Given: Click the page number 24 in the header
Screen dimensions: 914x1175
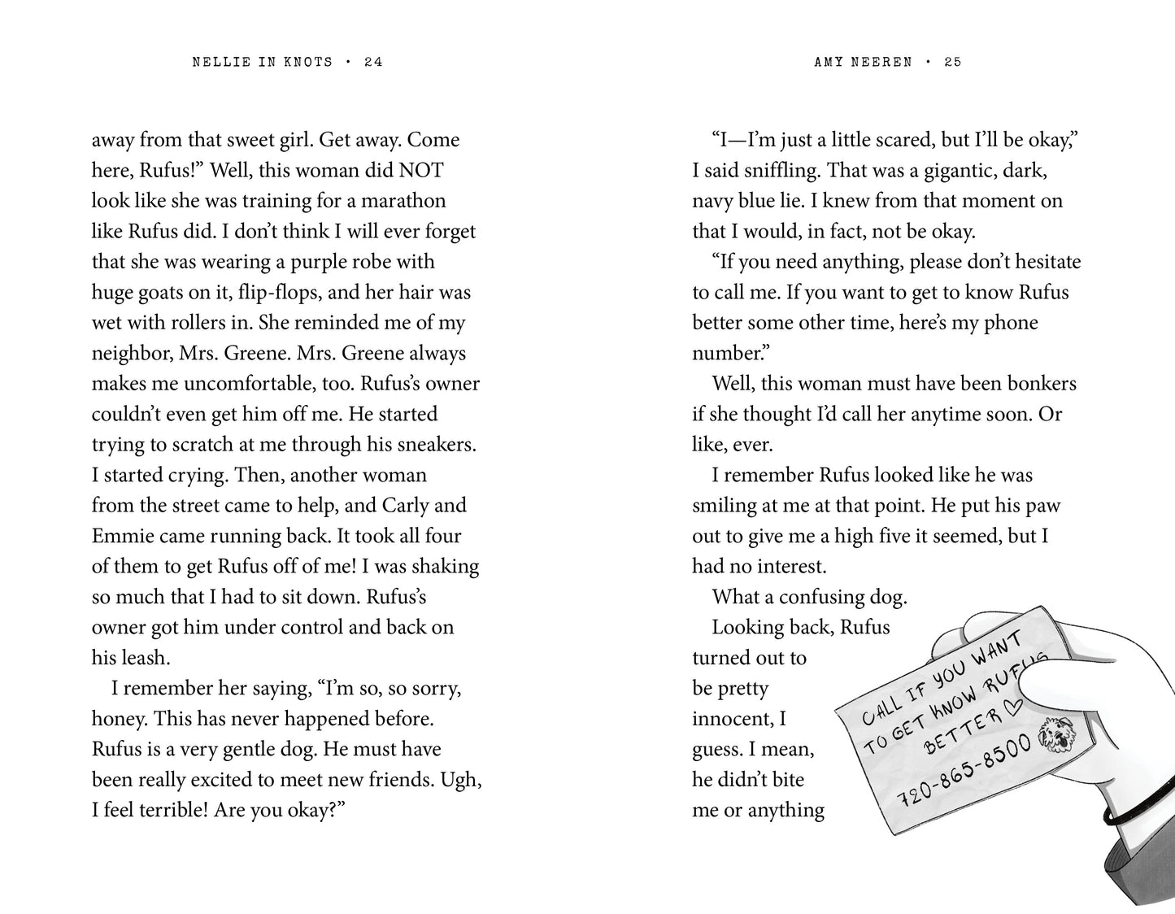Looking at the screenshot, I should tap(373, 62).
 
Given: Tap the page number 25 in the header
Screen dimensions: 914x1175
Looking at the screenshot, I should tap(953, 62).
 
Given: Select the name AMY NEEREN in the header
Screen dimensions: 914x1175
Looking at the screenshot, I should tap(863, 62).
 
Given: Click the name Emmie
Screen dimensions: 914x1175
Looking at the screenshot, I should tap(122, 536).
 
